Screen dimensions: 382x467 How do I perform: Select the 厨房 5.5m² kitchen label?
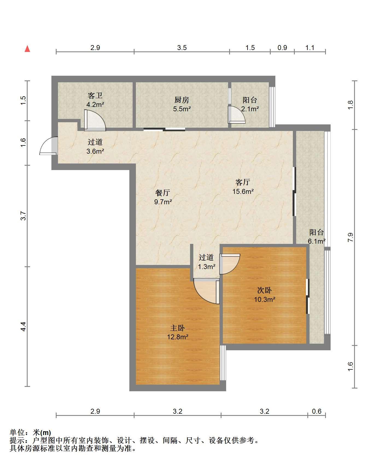[182, 104]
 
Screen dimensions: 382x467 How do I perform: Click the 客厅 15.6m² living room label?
[243, 187]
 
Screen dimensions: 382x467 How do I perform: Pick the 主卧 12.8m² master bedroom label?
[178, 332]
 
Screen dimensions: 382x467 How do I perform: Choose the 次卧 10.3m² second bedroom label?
[264, 295]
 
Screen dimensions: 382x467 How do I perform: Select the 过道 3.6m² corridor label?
[95, 147]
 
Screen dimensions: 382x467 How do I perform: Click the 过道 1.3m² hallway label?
[206, 262]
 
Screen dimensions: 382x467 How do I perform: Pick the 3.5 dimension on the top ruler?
[182, 48]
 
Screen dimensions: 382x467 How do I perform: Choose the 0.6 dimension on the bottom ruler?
[317, 411]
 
